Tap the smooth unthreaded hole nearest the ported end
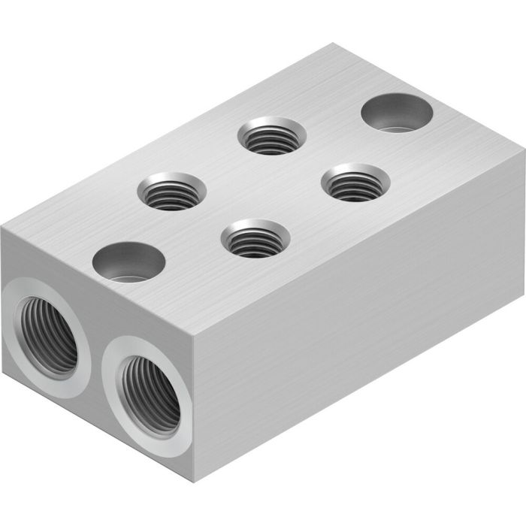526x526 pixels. click(128, 261)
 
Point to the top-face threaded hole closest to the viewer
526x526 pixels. click(255, 238)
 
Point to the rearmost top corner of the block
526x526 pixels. click(331, 44)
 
